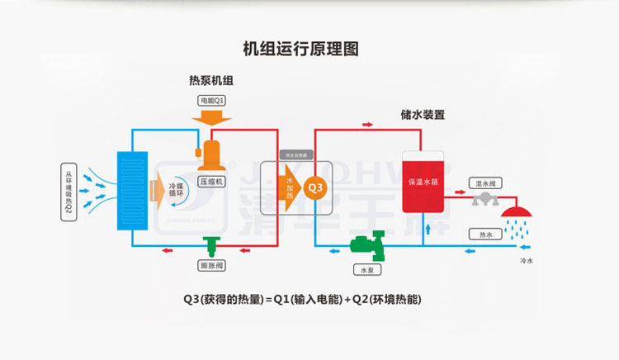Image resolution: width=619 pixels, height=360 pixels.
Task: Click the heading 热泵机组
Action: pyautogui.click(x=210, y=81)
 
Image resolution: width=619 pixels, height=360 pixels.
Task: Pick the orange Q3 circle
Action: pyautogui.click(x=315, y=189)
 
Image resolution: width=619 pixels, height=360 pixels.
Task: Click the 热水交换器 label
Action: pyautogui.click(x=295, y=154)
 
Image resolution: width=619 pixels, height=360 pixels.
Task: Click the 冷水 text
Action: pyautogui.click(x=526, y=261)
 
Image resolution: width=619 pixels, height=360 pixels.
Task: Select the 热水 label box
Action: pyautogui.click(x=484, y=234)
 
